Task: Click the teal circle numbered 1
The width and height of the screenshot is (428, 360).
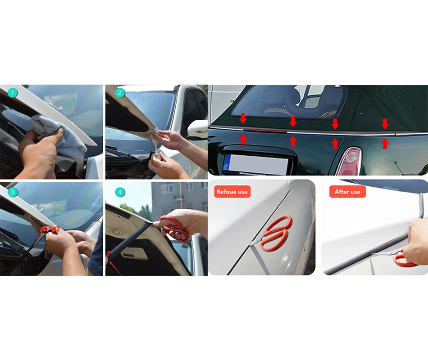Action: (x=12, y=93)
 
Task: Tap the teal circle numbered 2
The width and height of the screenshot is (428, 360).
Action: (x=119, y=93)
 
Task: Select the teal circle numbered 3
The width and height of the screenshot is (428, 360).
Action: (x=12, y=192)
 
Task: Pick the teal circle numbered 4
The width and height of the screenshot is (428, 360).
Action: (x=119, y=192)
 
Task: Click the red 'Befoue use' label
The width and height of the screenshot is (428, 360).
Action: (x=232, y=192)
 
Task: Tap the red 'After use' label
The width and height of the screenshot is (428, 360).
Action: (x=347, y=192)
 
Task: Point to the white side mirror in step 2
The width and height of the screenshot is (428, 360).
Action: (x=197, y=129)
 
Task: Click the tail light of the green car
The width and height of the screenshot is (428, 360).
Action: (x=350, y=162)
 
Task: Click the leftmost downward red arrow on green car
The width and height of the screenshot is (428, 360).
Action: (x=243, y=118)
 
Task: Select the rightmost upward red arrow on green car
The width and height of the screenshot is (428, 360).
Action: (x=385, y=144)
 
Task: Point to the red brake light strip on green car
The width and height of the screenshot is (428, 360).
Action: (x=265, y=130)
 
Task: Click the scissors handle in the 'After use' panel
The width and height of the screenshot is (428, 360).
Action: (x=404, y=259)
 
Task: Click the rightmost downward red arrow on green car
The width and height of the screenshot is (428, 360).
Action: (x=385, y=124)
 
